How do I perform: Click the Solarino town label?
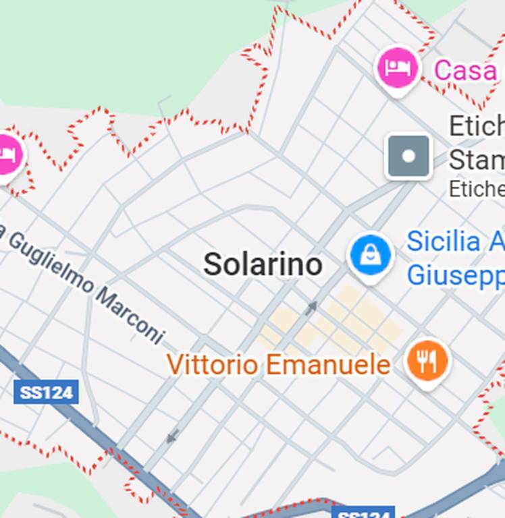tap(263, 264)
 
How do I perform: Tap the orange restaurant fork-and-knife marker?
tap(427, 361)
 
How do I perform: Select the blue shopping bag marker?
tap(370, 256)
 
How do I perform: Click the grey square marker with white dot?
tap(408, 156)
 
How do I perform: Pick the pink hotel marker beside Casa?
tap(397, 67)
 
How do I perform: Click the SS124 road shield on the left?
tap(46, 392)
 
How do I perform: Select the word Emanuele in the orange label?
tap(327, 365)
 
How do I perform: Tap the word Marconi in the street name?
tap(130, 315)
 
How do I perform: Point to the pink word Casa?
tap(466, 70)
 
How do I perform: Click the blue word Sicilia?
tap(443, 241)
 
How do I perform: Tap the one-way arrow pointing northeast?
tap(311, 308)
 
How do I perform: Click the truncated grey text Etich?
tap(477, 125)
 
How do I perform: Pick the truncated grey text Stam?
tap(477, 161)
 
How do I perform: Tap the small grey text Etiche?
tap(477, 189)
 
